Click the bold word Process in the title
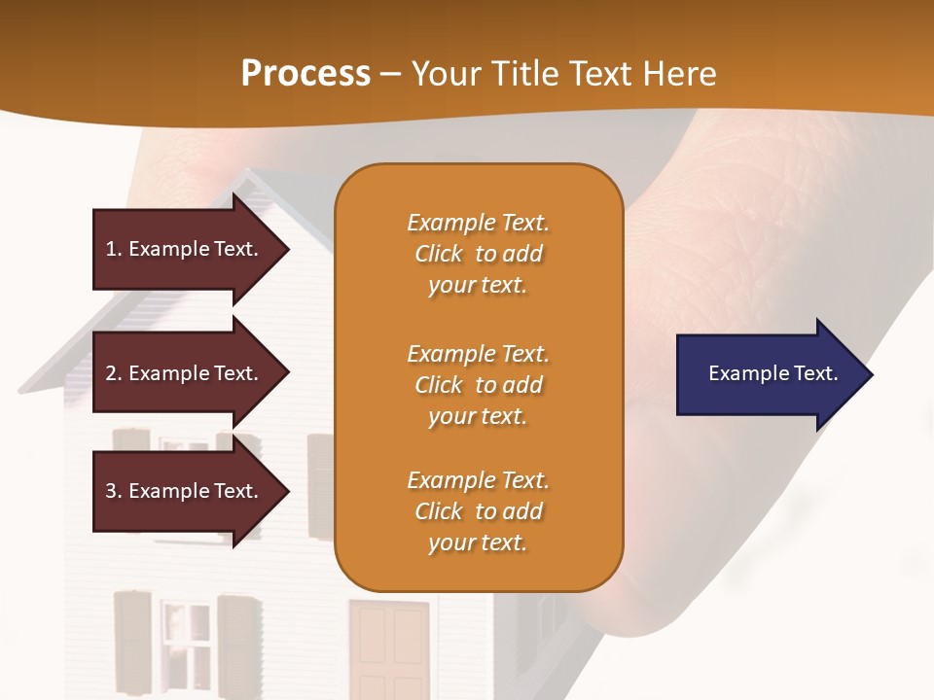coord(305,74)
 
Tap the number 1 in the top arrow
coord(111,249)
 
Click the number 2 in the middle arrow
coord(111,373)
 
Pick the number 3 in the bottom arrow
coord(111,491)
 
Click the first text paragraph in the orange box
coord(478,254)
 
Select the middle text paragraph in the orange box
coord(478,384)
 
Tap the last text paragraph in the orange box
coord(478,511)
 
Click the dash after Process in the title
coord(391,75)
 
